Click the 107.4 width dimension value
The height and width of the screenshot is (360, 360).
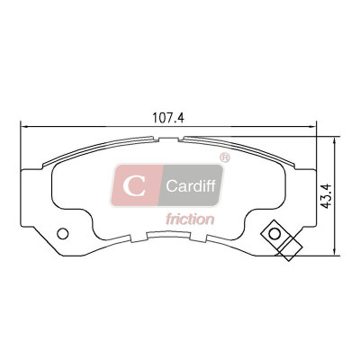pos(168,118)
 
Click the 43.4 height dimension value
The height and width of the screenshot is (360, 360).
pos(326,195)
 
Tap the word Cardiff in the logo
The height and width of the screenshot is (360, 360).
pos(191,186)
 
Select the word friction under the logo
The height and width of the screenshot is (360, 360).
pos(190,219)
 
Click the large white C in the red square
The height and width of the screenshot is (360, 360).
pos(134,185)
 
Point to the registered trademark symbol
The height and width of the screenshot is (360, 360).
pos(225,157)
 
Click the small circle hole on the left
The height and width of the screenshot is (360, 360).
pos(63,234)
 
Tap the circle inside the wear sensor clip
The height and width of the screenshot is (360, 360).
pos(274,234)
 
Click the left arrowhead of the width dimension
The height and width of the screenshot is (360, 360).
pos(23,127)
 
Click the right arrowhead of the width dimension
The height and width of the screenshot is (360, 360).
pos(312,127)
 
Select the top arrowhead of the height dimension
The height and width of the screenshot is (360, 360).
pos(334,140)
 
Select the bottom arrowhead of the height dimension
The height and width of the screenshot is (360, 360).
pos(334,252)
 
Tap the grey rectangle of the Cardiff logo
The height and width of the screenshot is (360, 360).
pos(191,185)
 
